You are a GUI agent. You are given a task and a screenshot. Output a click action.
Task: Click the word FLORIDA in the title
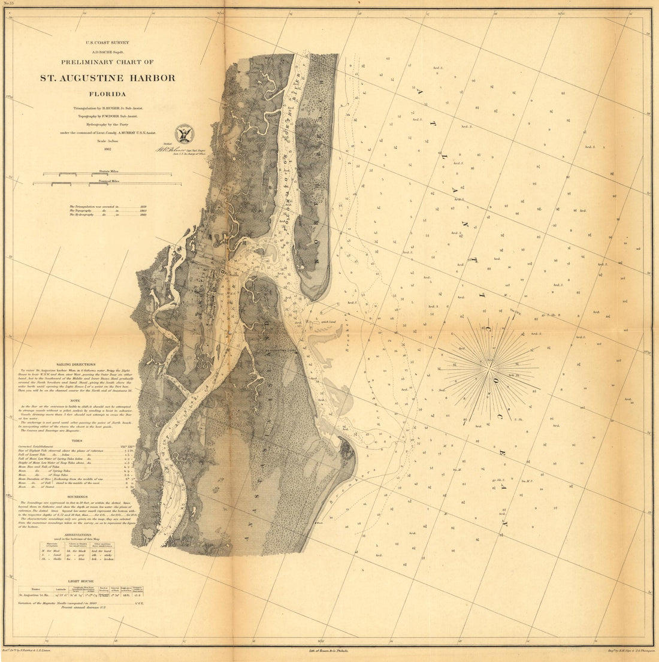pos(108,94)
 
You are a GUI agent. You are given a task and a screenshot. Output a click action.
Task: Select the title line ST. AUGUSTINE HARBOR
pos(108,78)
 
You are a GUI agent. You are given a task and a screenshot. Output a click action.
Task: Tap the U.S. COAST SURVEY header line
pos(107,43)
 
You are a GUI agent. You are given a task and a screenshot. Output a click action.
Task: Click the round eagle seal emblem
pos(182,134)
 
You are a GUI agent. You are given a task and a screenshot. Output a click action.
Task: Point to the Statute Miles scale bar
pos(107,174)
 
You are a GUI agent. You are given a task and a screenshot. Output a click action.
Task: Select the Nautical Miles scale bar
pos(107,183)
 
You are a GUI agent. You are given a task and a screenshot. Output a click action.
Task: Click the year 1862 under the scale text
pos(107,149)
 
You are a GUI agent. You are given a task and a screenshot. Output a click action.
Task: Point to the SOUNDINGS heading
pos(77,496)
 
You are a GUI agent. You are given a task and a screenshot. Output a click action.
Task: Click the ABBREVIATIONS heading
pos(77,536)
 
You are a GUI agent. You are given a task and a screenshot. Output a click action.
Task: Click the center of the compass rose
pos(489,361)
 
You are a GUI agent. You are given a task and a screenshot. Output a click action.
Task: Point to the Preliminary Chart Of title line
pos(107,62)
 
